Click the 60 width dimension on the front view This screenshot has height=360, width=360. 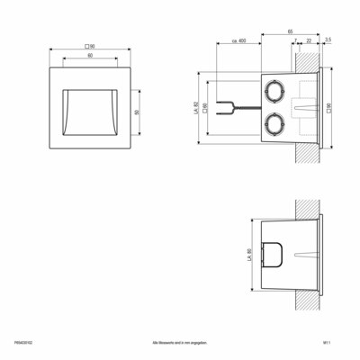(x=90, y=56)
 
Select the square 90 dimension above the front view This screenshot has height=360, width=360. (x=90, y=45)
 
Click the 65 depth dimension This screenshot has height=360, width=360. (x=290, y=31)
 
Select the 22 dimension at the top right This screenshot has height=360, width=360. (x=309, y=41)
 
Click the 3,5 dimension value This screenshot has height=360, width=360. (x=328, y=41)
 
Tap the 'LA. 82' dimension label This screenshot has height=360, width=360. (x=196, y=109)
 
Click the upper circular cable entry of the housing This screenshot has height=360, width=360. (x=274, y=89)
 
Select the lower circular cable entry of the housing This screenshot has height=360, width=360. (x=274, y=122)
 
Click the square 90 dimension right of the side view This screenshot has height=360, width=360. (x=329, y=108)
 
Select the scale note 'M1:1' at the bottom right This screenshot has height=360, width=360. (x=337, y=342)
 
